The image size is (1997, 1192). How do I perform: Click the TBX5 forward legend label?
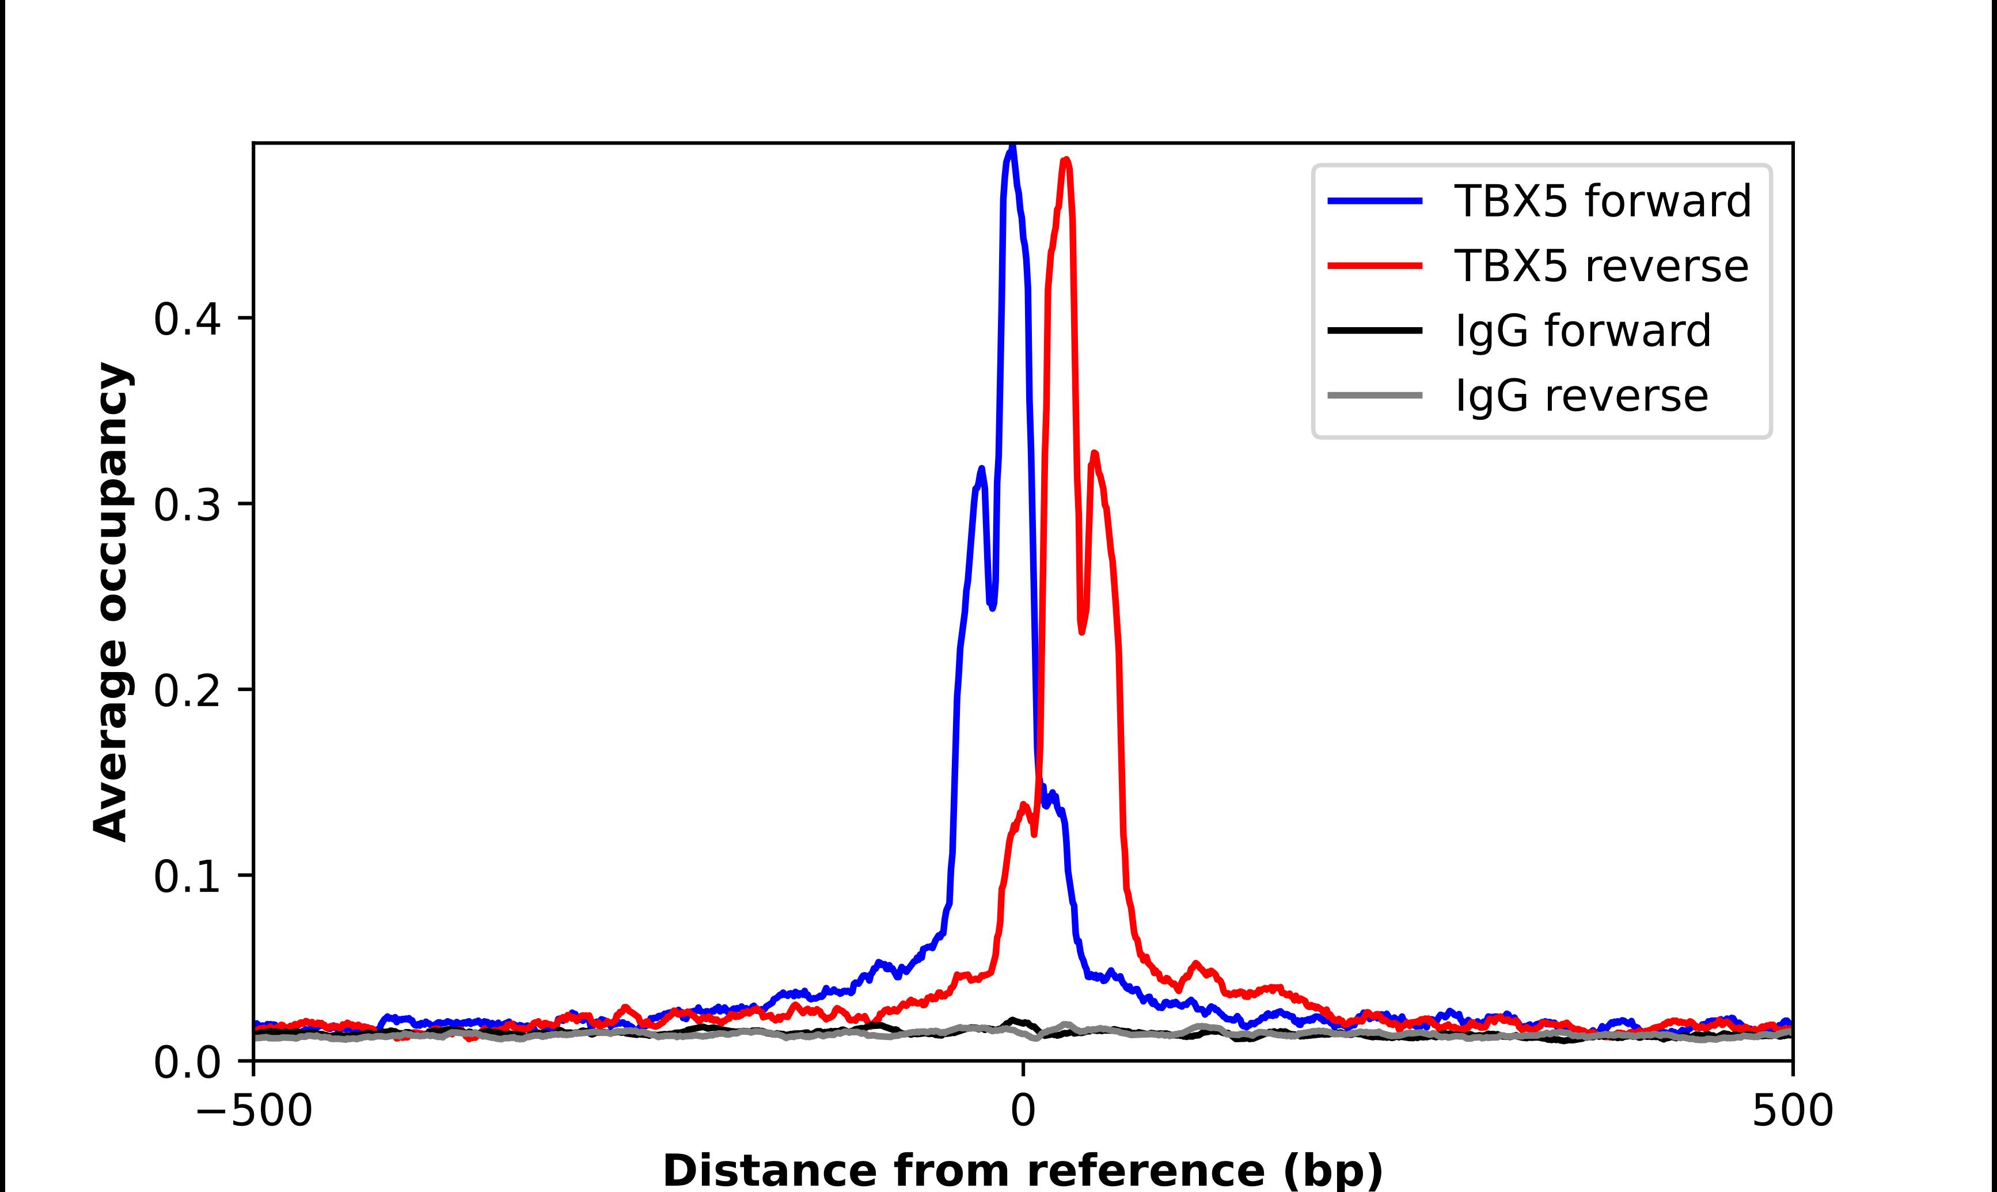(x=1602, y=201)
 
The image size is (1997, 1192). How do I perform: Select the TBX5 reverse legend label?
(x=1600, y=266)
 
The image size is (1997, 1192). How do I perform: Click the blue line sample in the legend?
(x=1375, y=201)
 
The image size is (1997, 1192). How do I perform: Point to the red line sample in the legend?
(x=1375, y=266)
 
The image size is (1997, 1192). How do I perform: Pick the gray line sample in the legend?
(x=1375, y=395)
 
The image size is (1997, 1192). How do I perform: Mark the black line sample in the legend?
(x=1375, y=330)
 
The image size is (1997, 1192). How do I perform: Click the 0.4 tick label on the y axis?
(x=187, y=320)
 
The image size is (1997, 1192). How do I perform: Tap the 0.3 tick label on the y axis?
(x=187, y=505)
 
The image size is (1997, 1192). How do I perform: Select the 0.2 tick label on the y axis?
(x=187, y=691)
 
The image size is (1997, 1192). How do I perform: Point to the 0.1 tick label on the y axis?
(x=187, y=877)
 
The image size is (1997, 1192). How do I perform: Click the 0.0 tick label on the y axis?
(x=187, y=1062)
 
